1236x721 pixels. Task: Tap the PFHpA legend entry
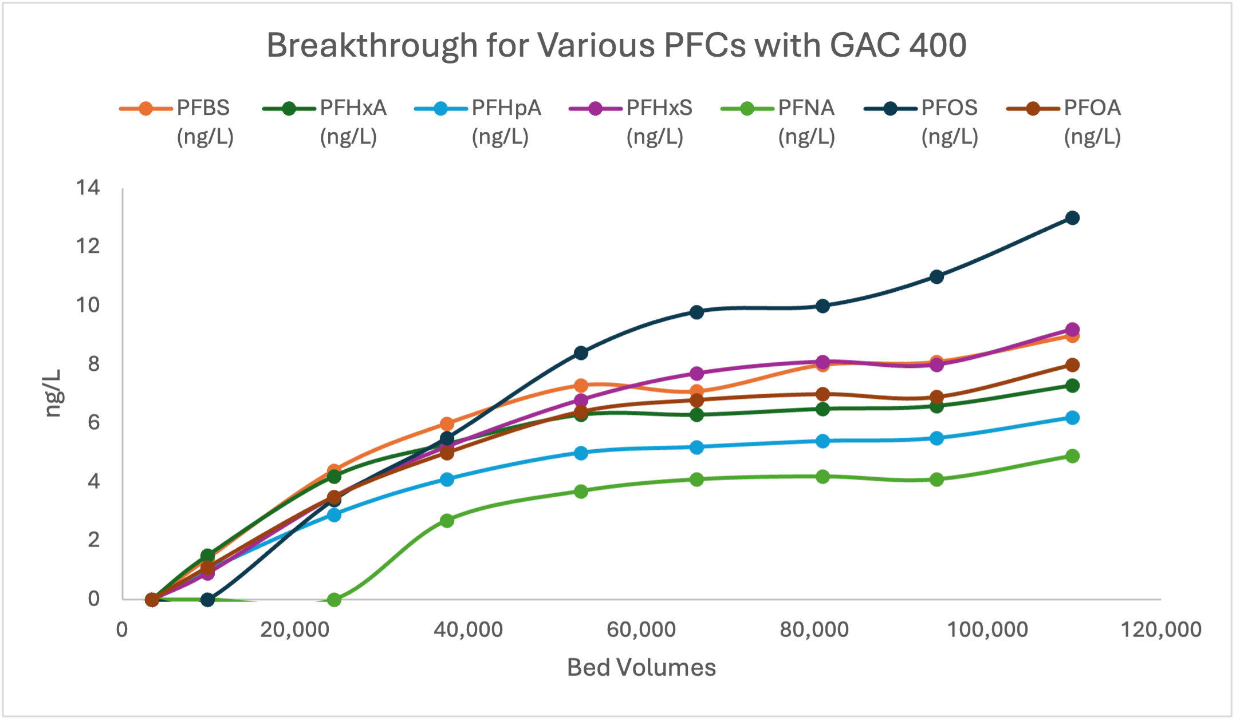point(478,121)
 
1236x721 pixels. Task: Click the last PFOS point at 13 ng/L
point(1073,218)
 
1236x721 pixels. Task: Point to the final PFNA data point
point(1073,456)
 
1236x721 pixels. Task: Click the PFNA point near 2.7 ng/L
point(447,521)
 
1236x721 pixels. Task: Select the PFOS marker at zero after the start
point(208,600)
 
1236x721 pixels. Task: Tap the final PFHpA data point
point(1073,418)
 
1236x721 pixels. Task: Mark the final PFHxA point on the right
point(1073,386)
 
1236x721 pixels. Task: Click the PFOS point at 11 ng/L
point(937,277)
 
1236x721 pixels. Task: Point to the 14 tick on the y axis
point(88,188)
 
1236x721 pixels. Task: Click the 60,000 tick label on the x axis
point(641,630)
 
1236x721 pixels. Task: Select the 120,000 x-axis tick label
point(1161,630)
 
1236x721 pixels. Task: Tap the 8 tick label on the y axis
point(93,364)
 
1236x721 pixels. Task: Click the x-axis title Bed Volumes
point(641,668)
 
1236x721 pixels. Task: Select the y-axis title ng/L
point(53,393)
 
